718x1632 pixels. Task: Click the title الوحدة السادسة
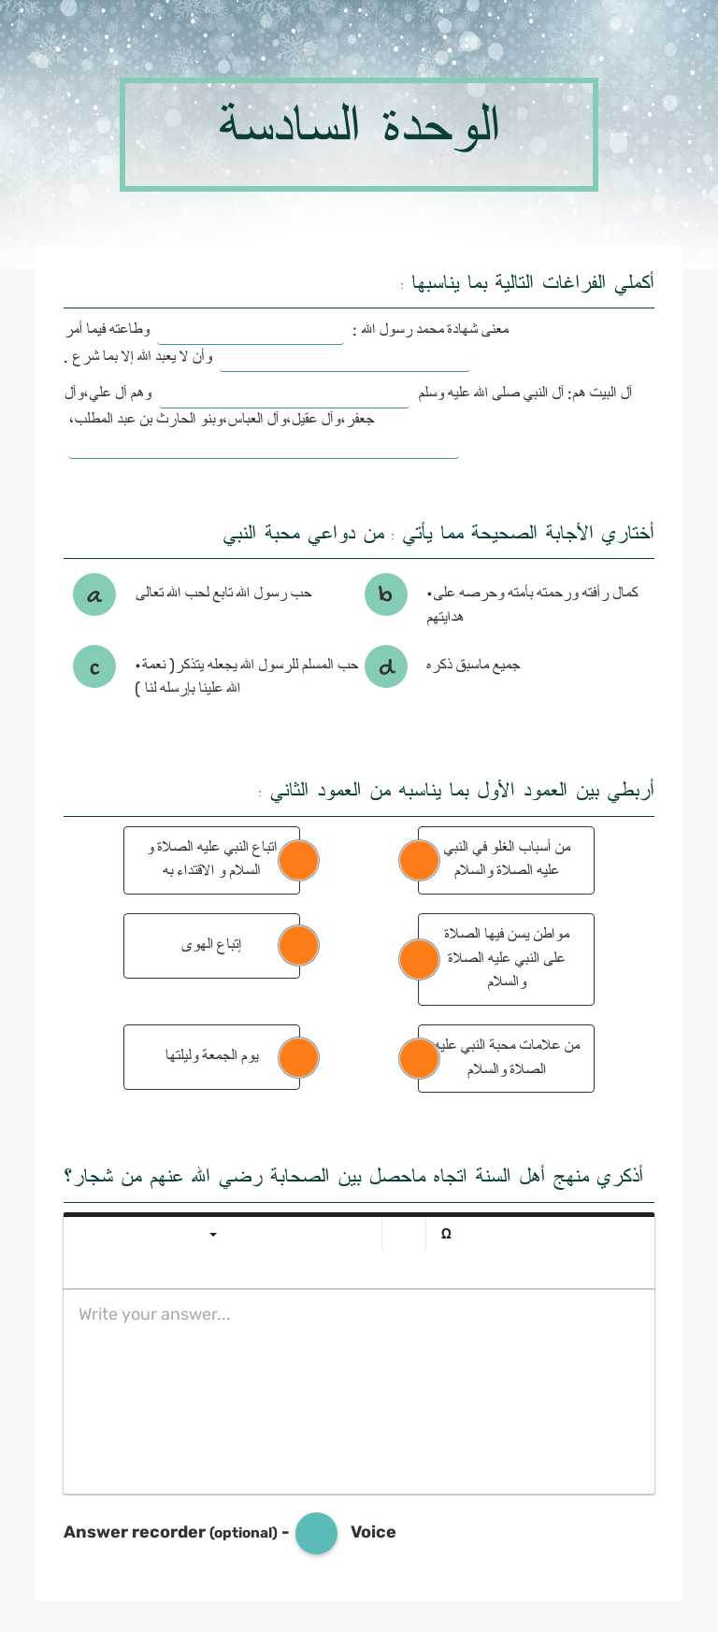[x=359, y=125]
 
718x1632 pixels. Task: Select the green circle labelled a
[x=94, y=594]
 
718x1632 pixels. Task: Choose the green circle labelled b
[x=386, y=594]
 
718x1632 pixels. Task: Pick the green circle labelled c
[x=94, y=667]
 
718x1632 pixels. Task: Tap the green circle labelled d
[x=386, y=667]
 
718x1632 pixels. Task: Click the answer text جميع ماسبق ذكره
[x=473, y=666]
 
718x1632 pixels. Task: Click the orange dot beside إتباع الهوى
[x=298, y=945]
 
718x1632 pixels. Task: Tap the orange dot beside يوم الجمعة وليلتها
[x=298, y=1057]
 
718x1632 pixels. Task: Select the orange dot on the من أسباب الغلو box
[x=419, y=860]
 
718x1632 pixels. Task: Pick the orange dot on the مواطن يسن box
[x=419, y=959]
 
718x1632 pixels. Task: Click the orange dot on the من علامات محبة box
[x=419, y=1058]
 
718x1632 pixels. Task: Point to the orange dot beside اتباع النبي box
[x=298, y=860]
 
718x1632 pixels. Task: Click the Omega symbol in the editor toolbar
[x=446, y=1234]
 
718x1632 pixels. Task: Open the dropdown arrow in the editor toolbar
[x=213, y=1235]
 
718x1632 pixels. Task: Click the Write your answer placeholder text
[x=154, y=1314]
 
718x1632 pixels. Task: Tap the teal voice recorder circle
[x=316, y=1533]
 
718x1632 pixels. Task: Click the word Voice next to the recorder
[x=373, y=1532]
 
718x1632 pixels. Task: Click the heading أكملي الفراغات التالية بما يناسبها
[x=533, y=282]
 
